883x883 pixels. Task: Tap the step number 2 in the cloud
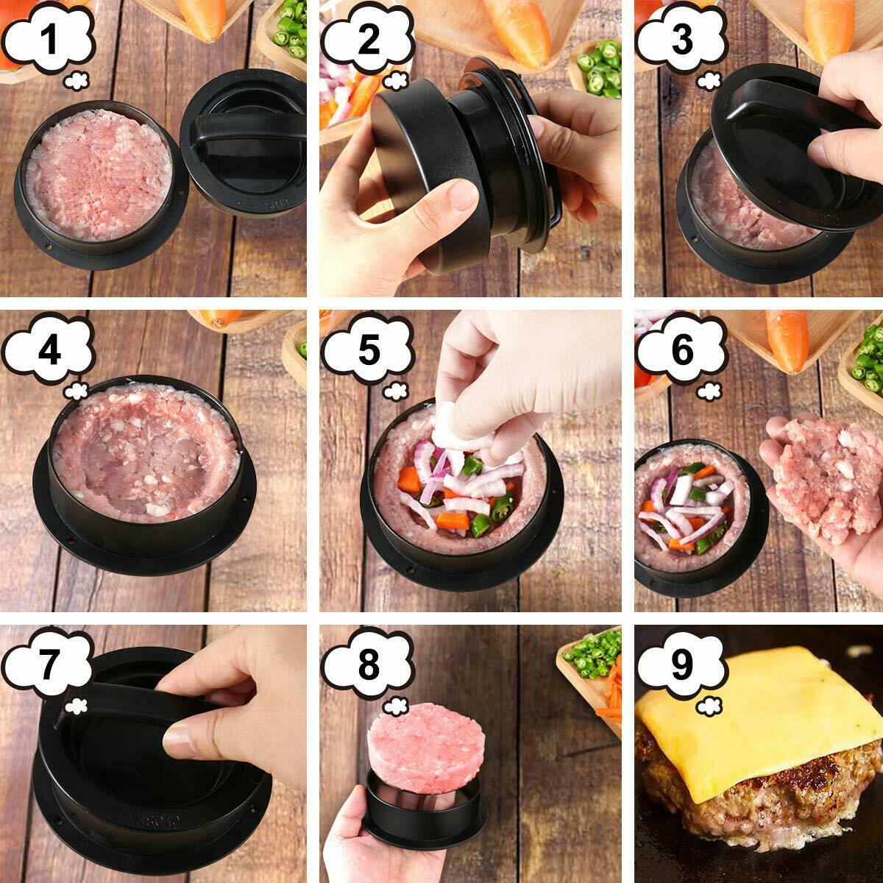pyautogui.click(x=368, y=39)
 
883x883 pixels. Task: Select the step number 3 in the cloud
pyautogui.click(x=682, y=39)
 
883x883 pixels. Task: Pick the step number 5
pyautogui.click(x=368, y=352)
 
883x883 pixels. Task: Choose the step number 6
pyautogui.click(x=682, y=352)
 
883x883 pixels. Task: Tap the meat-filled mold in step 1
pyautogui.click(x=99, y=177)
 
